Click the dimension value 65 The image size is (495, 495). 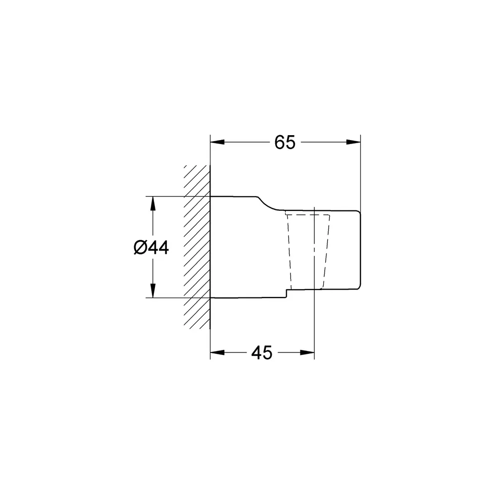[285, 143]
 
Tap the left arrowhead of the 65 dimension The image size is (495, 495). [217, 142]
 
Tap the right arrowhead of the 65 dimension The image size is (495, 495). [353, 142]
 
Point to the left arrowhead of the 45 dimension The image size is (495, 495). [217, 352]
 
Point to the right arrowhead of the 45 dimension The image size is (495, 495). [307, 352]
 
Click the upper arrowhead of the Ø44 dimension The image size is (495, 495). [153, 203]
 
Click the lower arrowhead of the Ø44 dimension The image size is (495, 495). [153, 291]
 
